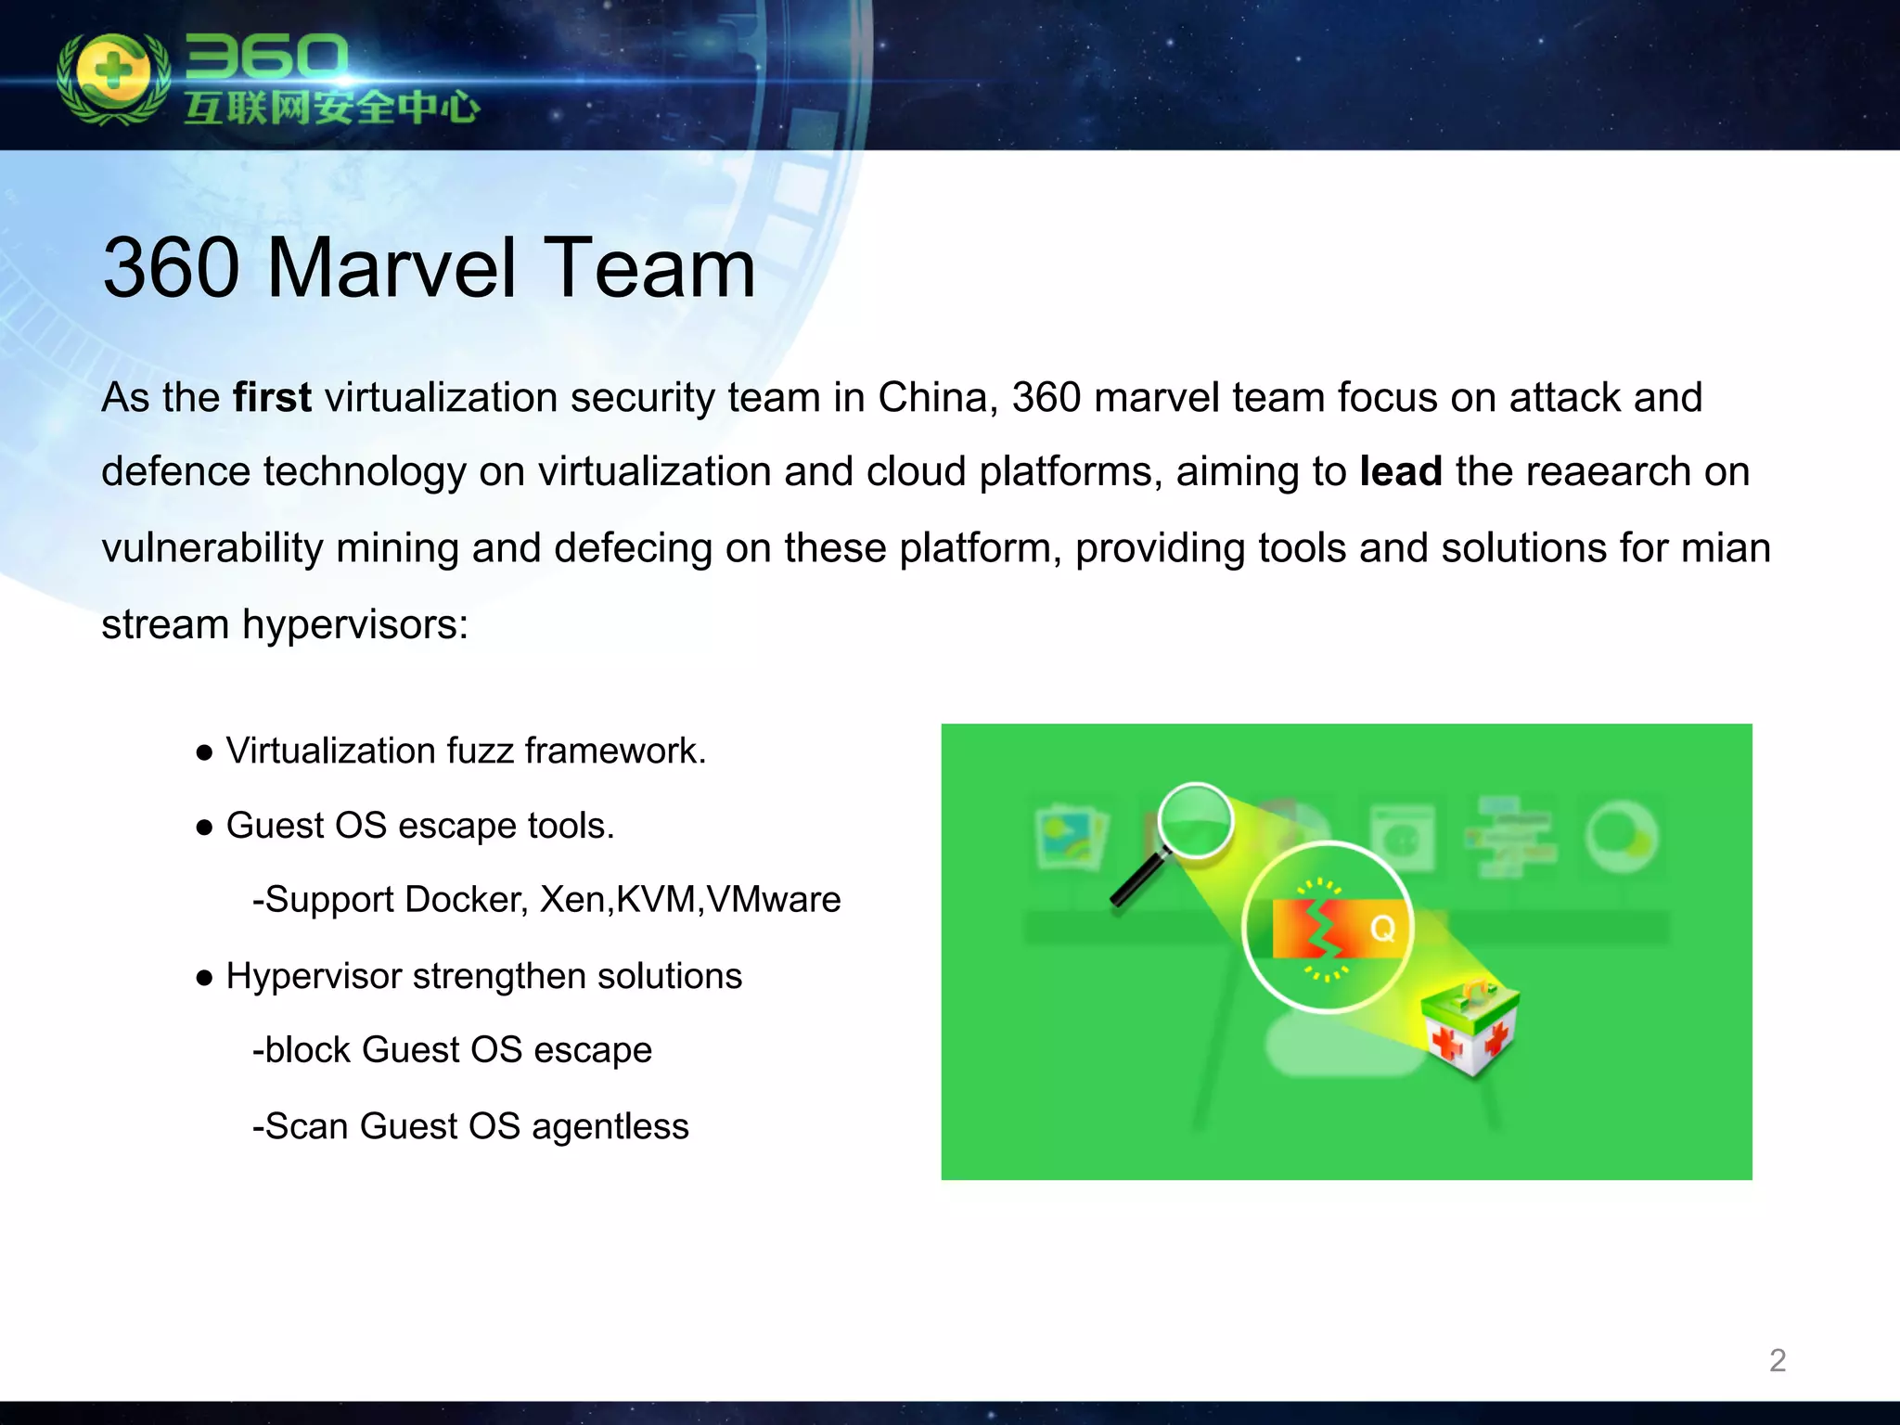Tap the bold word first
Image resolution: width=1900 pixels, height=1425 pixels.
[272, 397]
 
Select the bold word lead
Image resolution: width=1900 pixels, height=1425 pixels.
[1400, 471]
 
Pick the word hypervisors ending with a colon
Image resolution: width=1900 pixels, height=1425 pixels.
[355, 623]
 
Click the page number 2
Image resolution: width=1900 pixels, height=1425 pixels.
[1777, 1360]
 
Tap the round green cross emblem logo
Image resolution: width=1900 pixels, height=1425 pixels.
[113, 76]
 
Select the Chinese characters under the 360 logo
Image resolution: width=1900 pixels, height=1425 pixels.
[331, 108]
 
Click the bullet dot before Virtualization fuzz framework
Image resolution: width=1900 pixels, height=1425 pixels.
[205, 752]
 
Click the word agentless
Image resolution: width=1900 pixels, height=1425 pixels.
[610, 1126]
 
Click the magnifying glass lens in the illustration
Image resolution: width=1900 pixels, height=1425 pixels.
[1196, 821]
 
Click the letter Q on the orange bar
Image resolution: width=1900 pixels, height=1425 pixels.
[1382, 928]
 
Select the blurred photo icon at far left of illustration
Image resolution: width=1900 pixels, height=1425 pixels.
[1072, 837]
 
